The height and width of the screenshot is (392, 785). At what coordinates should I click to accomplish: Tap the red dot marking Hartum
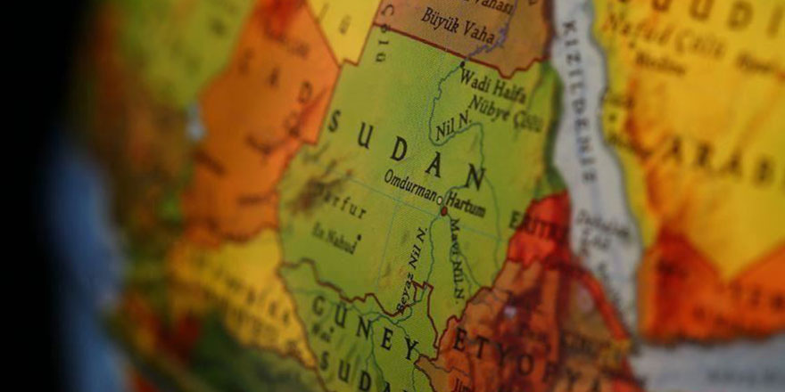(443, 211)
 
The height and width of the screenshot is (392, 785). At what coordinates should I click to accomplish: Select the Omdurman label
(409, 184)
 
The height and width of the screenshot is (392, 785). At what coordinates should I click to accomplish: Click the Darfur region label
(338, 204)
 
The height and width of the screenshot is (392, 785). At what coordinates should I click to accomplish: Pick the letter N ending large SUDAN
(474, 177)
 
